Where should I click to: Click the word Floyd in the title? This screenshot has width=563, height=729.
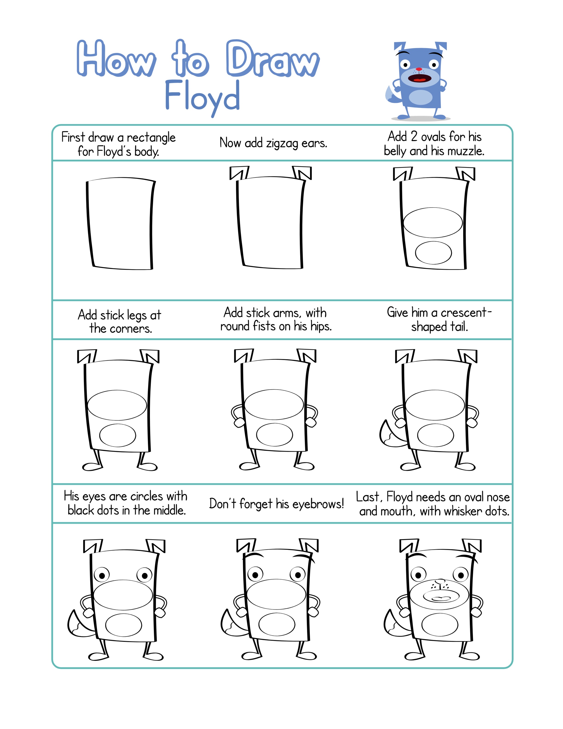pyautogui.click(x=202, y=97)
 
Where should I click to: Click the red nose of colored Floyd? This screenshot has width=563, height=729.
pyautogui.click(x=419, y=69)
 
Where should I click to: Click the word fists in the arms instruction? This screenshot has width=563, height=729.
pyautogui.click(x=264, y=326)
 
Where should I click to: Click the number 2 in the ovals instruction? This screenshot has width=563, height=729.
pyautogui.click(x=414, y=137)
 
